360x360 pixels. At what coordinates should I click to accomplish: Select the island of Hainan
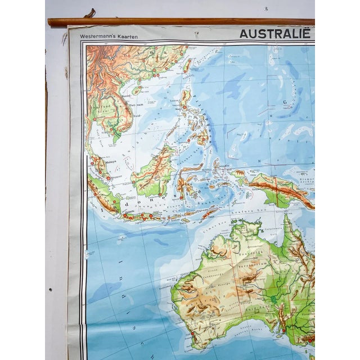click(137, 89)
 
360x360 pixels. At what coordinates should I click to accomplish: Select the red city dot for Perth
click(192, 333)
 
